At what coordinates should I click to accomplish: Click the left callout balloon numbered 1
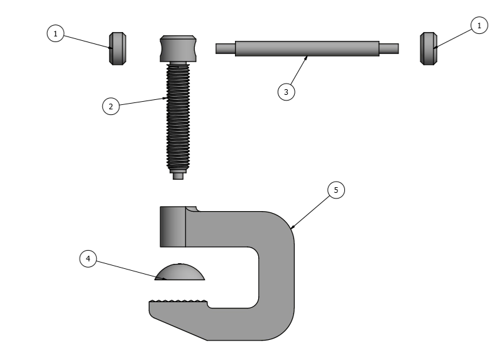click(x=55, y=33)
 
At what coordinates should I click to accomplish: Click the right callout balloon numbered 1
click(x=479, y=25)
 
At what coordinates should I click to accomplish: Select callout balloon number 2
click(x=111, y=106)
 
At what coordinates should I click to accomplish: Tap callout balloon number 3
click(x=286, y=92)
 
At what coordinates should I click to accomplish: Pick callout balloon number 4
click(x=88, y=258)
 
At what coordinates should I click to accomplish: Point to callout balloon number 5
click(x=336, y=190)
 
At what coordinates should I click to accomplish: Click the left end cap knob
click(x=117, y=48)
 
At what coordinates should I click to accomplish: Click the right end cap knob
click(x=428, y=48)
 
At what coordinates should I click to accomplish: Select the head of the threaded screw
click(x=178, y=48)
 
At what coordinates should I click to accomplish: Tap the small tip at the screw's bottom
click(x=178, y=176)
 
